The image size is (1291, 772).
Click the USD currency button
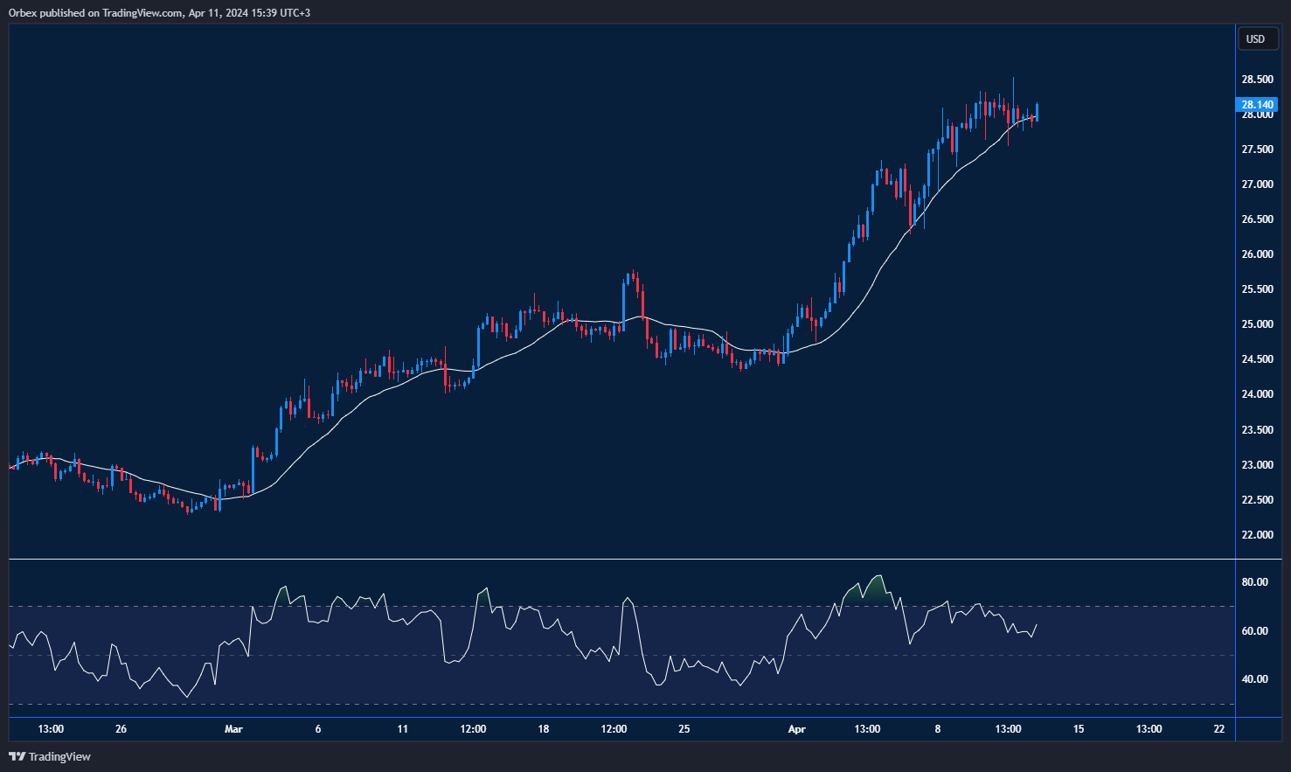(x=1255, y=38)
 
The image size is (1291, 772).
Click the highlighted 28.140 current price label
(x=1257, y=105)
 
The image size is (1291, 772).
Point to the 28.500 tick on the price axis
(x=1257, y=80)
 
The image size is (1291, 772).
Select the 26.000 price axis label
(x=1257, y=254)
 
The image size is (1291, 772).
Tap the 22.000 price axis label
(x=1257, y=535)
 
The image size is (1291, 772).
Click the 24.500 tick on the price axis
(x=1257, y=359)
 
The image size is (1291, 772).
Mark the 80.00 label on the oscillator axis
(x=1254, y=582)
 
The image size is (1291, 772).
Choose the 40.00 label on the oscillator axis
(x=1254, y=679)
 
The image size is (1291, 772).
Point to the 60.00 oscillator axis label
(x=1254, y=631)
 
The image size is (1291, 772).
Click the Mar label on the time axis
(x=233, y=729)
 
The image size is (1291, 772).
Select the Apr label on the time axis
(x=796, y=729)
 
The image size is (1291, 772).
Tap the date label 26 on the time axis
(x=121, y=729)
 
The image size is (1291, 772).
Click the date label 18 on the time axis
(x=543, y=729)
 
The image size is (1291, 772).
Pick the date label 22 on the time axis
(x=1218, y=729)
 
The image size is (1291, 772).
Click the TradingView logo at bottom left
(x=50, y=756)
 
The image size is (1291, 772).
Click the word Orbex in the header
(x=24, y=13)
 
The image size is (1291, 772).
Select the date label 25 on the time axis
(x=684, y=729)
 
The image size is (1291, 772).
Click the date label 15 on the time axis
(x=1079, y=729)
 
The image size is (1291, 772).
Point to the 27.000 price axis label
(x=1257, y=184)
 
